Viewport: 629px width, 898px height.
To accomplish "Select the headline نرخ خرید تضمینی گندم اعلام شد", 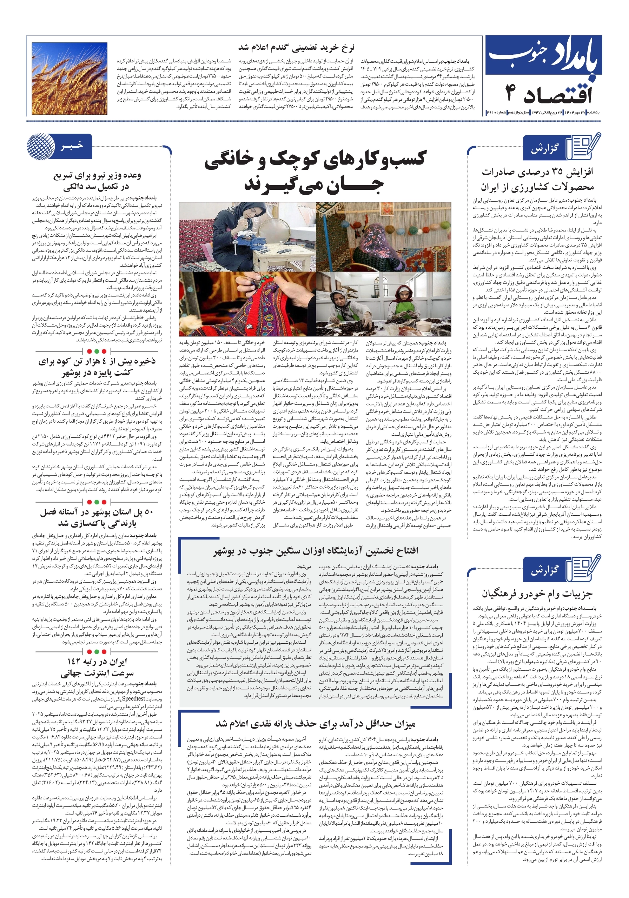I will tap(296, 48).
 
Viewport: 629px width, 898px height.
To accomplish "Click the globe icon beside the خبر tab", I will tap(40, 147).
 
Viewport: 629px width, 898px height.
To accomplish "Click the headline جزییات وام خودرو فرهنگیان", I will tap(537, 594).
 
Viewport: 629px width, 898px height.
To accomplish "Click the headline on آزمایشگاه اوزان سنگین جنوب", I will tap(316, 551).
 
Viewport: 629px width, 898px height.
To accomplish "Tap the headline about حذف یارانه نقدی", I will tap(316, 724).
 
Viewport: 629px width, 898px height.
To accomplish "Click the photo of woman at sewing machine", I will tap(247, 237).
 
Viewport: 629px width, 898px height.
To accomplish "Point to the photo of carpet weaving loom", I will tap(383, 237).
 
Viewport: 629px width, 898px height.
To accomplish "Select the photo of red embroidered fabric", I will tap(247, 303).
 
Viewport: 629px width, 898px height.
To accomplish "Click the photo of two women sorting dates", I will tap(383, 303).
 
